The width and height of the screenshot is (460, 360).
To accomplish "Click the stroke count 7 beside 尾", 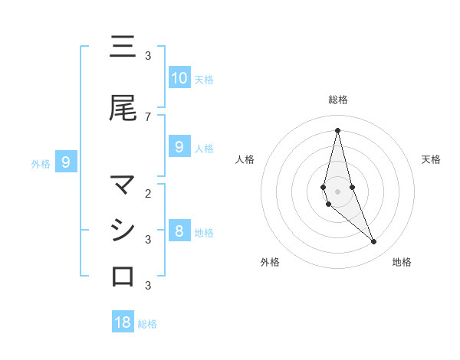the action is pos(148,116).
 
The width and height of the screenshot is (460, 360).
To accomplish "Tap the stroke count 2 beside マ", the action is pos(148,193).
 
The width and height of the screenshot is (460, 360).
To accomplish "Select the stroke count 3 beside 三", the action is pos(148,55).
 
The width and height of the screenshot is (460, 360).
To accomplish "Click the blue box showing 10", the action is pos(179,78).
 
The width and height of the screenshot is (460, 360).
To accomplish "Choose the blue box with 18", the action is pos(123,322).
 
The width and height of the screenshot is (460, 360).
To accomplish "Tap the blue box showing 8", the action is pos(179,231).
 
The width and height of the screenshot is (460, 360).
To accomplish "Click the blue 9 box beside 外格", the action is pos(66,162).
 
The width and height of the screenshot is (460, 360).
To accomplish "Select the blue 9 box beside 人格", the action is pos(179,147).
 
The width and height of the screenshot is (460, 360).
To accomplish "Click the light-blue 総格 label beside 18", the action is pos(147,324).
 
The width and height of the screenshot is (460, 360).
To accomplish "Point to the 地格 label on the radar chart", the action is pos(402,262).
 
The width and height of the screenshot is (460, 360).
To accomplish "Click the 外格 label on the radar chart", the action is pos(270,262).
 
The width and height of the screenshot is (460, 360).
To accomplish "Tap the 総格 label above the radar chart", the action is pos(337,100).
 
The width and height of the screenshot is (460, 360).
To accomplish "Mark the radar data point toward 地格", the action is pos(374,242).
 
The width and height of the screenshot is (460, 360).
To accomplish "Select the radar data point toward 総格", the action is pos(337,130).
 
